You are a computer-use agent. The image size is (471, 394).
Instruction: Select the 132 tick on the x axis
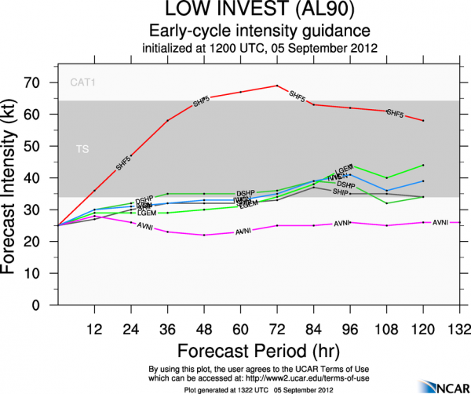(x=458, y=327)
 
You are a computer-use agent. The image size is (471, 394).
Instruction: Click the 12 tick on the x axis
(x=94, y=327)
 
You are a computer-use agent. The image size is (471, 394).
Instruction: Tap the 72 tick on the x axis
(x=276, y=327)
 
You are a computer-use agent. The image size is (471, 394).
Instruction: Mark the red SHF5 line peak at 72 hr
(x=276, y=86)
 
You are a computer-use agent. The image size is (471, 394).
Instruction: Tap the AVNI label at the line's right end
(x=440, y=222)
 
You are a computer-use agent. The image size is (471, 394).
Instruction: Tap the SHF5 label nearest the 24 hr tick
(x=123, y=164)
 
